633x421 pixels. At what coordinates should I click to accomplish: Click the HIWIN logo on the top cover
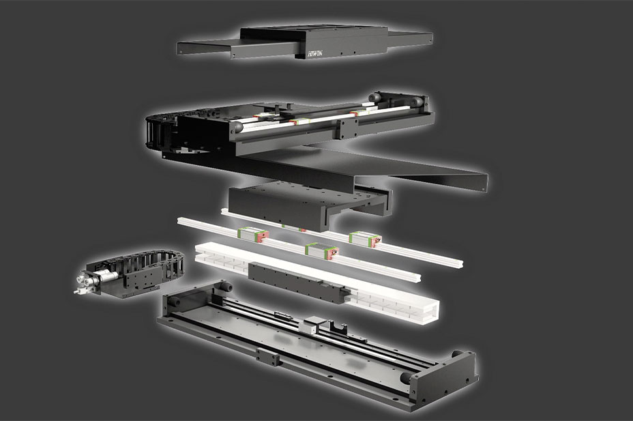(315, 53)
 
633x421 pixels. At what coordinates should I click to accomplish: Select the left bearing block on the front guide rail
(253, 235)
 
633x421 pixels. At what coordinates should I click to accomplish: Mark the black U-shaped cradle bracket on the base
(338, 327)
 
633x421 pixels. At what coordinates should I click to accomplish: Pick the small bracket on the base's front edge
(267, 358)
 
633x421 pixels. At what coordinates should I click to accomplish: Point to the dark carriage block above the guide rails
(309, 204)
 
